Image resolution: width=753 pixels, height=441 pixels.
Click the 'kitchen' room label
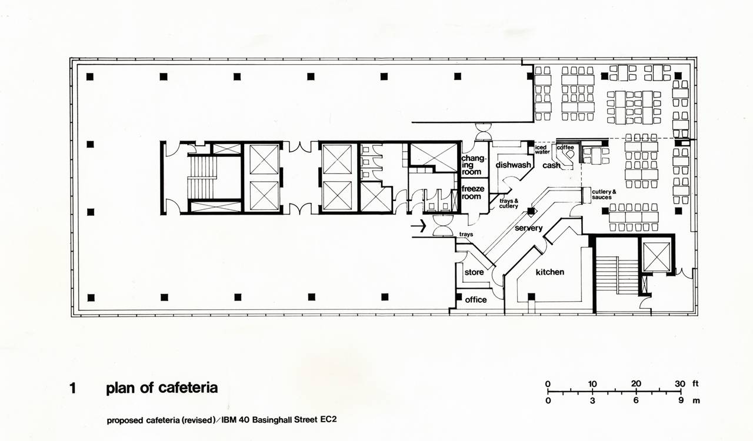550,272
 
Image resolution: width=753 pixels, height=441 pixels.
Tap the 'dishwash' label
514,165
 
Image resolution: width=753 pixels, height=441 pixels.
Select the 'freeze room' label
472,193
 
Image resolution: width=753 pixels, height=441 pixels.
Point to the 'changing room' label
473,165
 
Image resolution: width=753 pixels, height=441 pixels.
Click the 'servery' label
528,228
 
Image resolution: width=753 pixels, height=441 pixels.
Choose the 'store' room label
474,272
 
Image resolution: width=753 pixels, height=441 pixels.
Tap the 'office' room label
476,299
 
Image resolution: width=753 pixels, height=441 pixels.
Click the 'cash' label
551,165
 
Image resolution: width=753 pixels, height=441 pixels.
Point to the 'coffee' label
565,147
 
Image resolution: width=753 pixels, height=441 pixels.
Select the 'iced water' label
542,149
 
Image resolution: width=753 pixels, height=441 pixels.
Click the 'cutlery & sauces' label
604,195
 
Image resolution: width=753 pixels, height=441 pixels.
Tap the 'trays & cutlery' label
509,203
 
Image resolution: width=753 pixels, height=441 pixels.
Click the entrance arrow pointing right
418,226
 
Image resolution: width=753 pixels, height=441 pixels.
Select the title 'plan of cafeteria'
162,388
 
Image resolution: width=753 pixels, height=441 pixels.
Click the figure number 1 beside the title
72,388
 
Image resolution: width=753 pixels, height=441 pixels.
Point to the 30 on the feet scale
679,383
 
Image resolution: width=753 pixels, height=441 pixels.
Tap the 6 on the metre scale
636,400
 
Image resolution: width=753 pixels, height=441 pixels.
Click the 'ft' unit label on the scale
695,383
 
